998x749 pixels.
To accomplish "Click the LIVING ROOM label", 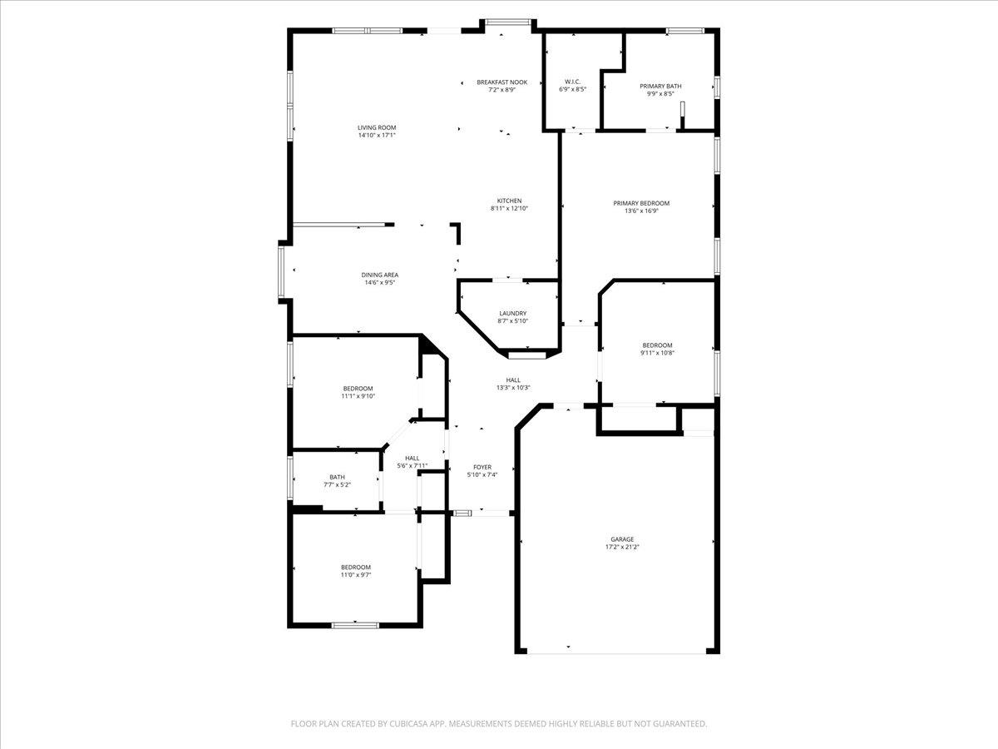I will pyautogui.click(x=376, y=127).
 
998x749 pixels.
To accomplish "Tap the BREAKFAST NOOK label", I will pyautogui.click(x=501, y=82).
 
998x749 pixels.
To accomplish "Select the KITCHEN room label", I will pyautogui.click(x=509, y=201).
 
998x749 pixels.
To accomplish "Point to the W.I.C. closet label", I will pyautogui.click(x=572, y=82).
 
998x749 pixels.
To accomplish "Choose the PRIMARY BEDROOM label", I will pyautogui.click(x=641, y=203).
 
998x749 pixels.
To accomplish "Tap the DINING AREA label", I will pyautogui.click(x=379, y=275).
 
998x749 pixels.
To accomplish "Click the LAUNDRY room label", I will pyautogui.click(x=512, y=314).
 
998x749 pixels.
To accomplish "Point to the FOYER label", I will pyautogui.click(x=482, y=468).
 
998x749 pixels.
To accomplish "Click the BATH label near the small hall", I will pyautogui.click(x=337, y=477).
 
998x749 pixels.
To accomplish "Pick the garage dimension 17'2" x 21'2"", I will pyautogui.click(x=621, y=548).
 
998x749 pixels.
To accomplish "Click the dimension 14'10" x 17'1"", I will pyautogui.click(x=376, y=135).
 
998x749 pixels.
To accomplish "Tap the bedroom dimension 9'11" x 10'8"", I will pyautogui.click(x=657, y=353).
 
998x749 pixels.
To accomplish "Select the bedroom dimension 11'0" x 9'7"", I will pyautogui.click(x=355, y=574).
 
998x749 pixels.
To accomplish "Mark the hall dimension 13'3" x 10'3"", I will pyautogui.click(x=513, y=387).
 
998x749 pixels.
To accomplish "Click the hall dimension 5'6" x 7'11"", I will pyautogui.click(x=413, y=465).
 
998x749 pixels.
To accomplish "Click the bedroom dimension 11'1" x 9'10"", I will pyautogui.click(x=358, y=396).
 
